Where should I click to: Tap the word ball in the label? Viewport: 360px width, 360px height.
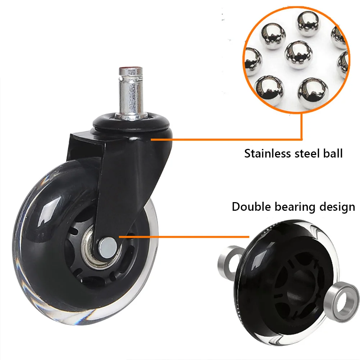[x=333, y=154]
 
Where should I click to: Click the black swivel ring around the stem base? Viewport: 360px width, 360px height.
[x=132, y=122]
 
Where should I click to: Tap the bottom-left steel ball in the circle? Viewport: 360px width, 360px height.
[x=269, y=88]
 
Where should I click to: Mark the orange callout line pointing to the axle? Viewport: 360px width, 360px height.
[x=183, y=237]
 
